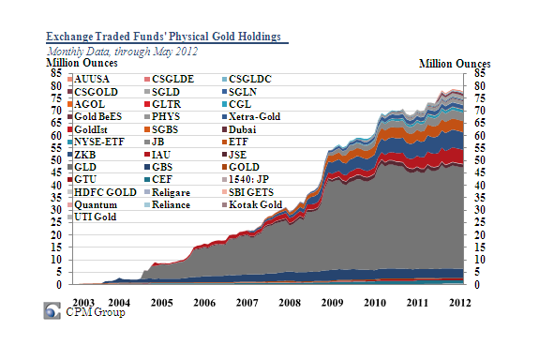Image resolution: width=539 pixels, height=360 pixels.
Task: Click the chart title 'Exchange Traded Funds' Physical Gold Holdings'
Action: tap(164, 37)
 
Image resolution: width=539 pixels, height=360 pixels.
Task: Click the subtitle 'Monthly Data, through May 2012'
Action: tap(123, 52)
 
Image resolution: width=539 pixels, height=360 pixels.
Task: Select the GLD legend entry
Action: tap(82, 167)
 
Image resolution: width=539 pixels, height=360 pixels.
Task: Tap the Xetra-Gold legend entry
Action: tap(251, 116)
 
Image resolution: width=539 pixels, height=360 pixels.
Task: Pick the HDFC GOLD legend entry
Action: tap(102, 192)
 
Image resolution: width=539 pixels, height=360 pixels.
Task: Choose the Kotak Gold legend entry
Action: tap(252, 204)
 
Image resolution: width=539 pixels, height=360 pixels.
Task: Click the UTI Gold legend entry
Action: tap(92, 217)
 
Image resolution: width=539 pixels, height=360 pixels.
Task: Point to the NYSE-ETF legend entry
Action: tap(96, 142)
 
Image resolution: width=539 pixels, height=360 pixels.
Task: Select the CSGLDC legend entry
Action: tap(247, 79)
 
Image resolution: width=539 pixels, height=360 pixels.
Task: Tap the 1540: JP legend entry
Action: tap(246, 179)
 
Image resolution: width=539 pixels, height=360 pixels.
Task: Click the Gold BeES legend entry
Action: tap(95, 116)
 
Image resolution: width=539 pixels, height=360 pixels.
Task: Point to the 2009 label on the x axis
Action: tap(332, 303)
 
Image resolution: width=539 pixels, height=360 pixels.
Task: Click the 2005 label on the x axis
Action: tap(161, 303)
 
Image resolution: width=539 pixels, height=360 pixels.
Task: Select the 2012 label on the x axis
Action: tap(460, 303)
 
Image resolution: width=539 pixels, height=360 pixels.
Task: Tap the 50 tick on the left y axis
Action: tap(56, 160)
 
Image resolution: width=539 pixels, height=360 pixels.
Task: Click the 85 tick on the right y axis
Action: tap(480, 73)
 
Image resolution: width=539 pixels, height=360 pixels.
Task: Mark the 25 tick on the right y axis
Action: tap(480, 222)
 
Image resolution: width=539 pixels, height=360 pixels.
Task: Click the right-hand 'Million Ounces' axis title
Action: tap(455, 64)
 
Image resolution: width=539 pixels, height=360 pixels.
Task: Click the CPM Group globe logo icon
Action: tap(52, 310)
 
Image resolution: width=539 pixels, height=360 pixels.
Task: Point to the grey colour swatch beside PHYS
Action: tap(147, 117)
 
